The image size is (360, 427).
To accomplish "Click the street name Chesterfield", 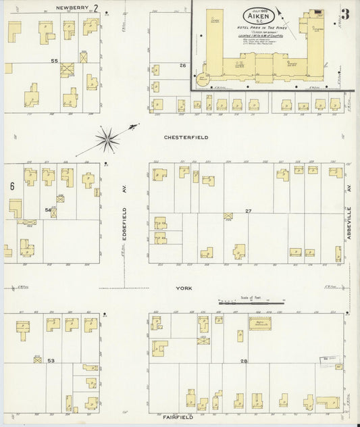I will [x=186, y=137].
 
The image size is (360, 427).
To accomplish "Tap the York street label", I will [x=184, y=288].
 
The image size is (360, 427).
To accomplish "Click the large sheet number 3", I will [x=345, y=14].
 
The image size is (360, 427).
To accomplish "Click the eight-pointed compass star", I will [x=107, y=140].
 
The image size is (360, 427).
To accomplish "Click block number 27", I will [x=248, y=211].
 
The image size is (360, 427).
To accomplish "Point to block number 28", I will [x=243, y=362].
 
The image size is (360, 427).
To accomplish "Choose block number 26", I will [x=182, y=66].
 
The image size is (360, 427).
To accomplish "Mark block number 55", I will [x=54, y=61].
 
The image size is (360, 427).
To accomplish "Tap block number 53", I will [x=51, y=361].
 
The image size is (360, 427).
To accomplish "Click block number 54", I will [x=48, y=211].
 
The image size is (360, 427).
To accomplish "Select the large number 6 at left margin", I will [x=12, y=186].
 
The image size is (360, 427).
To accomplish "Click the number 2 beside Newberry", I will [x=97, y=9].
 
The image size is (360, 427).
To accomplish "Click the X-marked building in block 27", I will [x=228, y=216].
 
